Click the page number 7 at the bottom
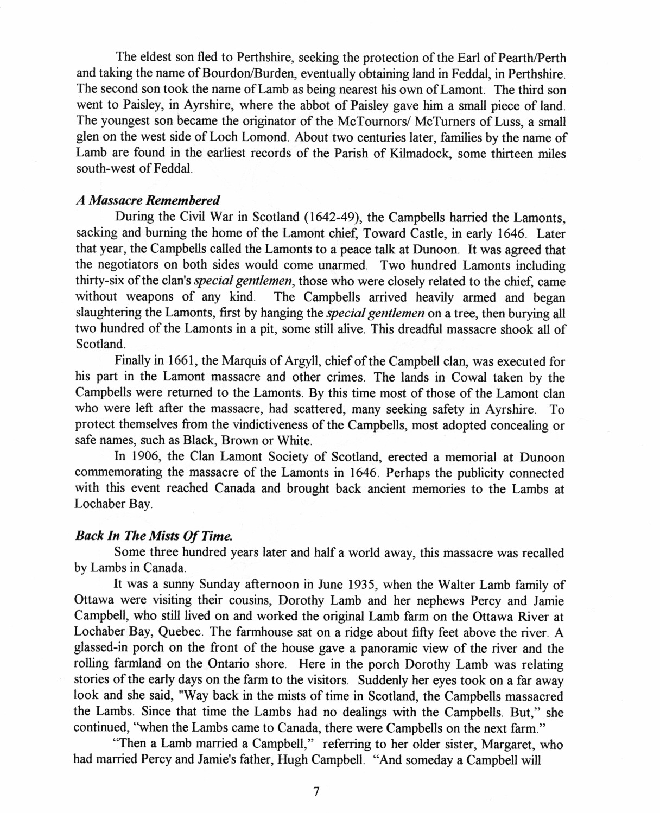(x=316, y=791)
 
